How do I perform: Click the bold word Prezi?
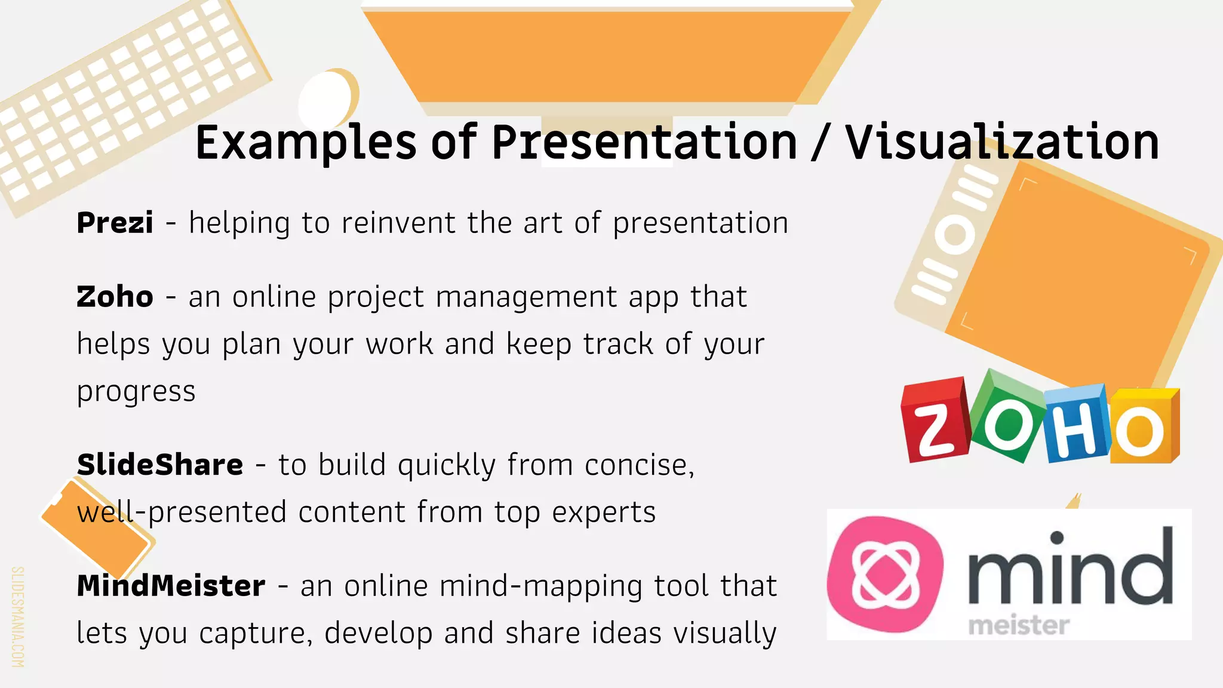tap(115, 223)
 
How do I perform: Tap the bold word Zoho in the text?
tap(115, 297)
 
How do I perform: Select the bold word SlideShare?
tap(160, 465)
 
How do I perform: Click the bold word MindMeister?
tap(171, 586)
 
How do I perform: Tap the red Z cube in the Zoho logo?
tap(935, 422)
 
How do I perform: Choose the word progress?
tap(136, 392)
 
